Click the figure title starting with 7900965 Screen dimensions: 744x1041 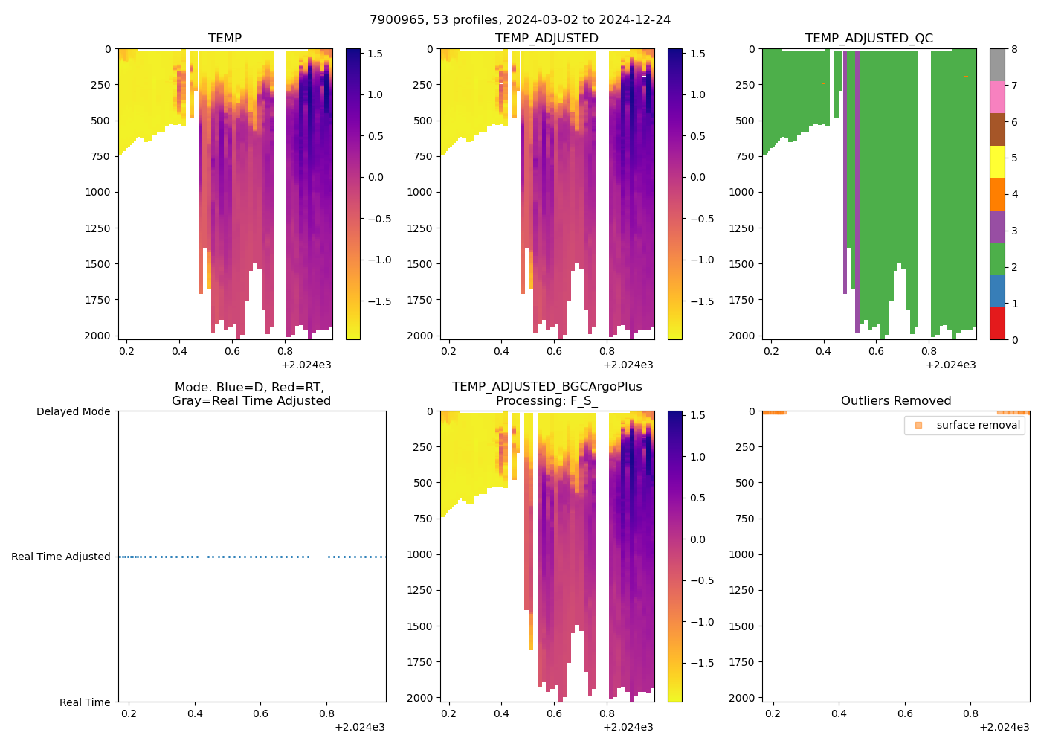[520, 19]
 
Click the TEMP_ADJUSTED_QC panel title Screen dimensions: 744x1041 [868, 38]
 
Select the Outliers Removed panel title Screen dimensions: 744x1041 [895, 400]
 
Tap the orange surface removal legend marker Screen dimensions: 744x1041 [918, 425]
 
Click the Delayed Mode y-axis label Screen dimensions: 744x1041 [73, 411]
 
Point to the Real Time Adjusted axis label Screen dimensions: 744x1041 [60, 557]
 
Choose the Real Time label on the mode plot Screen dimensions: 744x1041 [85, 702]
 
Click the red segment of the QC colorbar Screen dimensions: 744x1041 [996, 324]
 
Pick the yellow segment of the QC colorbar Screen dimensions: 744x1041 [996, 161]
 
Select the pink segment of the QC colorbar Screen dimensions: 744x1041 [996, 97]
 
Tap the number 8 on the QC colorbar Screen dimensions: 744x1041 [1014, 49]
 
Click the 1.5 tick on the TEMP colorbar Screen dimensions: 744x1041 [375, 54]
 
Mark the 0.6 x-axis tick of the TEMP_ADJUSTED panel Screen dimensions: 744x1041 [555, 351]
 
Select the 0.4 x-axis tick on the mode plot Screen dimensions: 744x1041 [195, 713]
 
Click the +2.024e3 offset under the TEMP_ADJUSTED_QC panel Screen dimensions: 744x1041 [950, 365]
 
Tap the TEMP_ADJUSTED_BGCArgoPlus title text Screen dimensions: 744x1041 [547, 387]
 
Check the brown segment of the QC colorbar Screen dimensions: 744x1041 [996, 129]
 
